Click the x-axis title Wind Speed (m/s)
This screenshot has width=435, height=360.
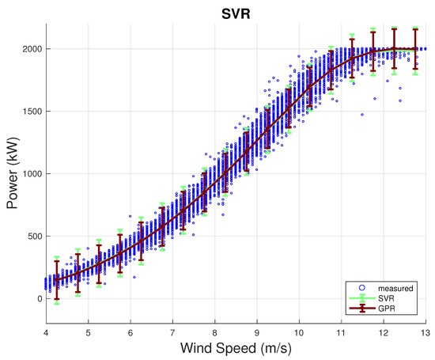pyautogui.click(x=236, y=348)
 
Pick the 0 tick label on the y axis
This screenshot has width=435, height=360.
pyautogui.click(x=40, y=298)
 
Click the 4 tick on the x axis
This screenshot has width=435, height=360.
pyautogui.click(x=46, y=332)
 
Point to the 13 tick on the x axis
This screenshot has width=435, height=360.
pyautogui.click(x=426, y=332)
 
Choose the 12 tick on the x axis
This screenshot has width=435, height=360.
pyautogui.click(x=384, y=332)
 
